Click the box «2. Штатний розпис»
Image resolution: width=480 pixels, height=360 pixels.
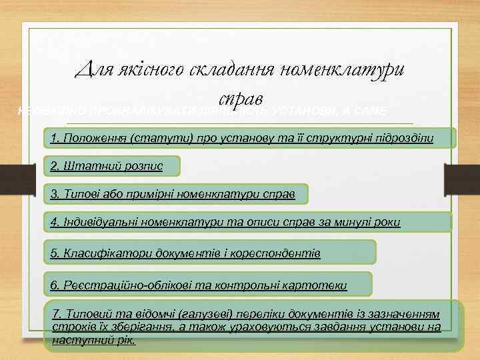(x=112, y=165)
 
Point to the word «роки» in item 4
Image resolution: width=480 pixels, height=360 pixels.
(x=387, y=221)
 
